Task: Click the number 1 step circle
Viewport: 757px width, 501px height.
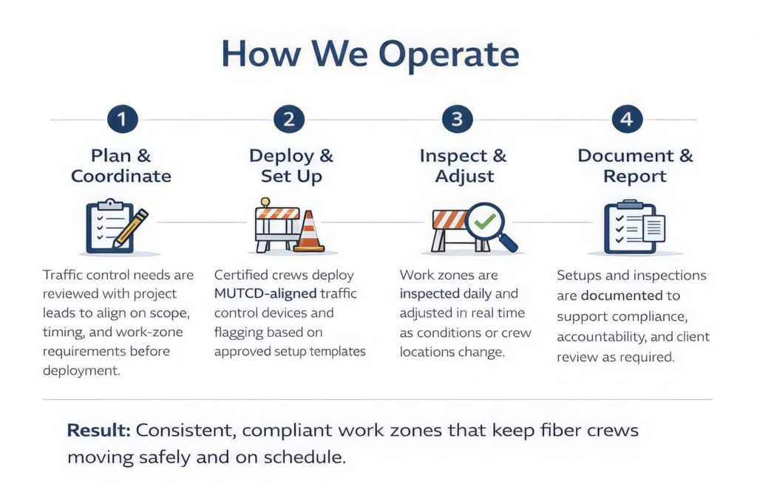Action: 122,119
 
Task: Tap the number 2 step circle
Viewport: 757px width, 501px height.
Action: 289,119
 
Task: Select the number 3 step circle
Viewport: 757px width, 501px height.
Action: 457,119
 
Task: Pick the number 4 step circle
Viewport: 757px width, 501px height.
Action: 627,119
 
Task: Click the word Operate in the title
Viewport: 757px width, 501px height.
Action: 449,55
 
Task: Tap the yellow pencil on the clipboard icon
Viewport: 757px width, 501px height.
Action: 130,228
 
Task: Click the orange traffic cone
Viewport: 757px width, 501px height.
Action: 308,231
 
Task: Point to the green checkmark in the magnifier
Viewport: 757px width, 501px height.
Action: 485,221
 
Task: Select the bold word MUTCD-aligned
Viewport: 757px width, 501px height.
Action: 265,293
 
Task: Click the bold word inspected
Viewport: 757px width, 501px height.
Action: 430,294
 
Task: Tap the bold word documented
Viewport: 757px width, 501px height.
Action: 622,296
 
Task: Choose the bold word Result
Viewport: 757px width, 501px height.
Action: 98,430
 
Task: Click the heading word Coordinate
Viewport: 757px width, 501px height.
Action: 121,176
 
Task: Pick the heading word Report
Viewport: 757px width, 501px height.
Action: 635,177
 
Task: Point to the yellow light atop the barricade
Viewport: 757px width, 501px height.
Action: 265,202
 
